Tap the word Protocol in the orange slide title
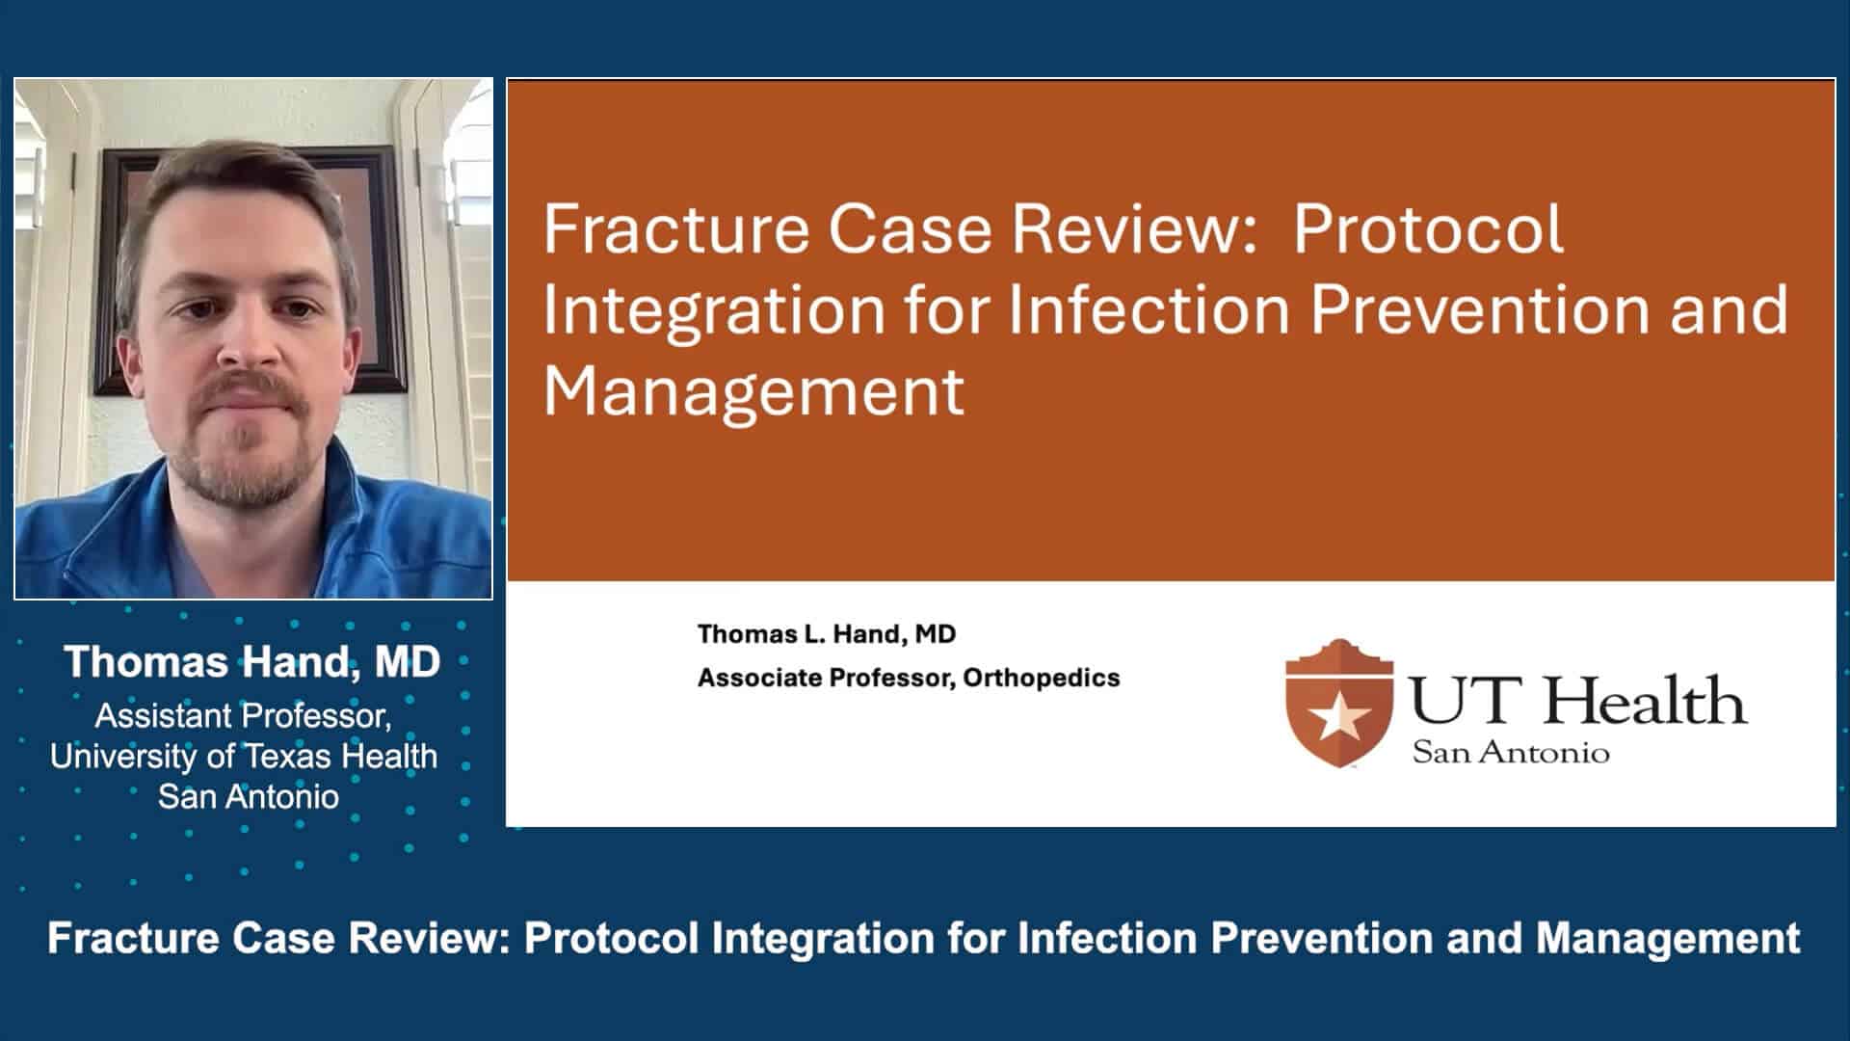[1428, 229]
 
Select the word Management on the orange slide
[753, 390]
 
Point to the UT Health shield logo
[1339, 704]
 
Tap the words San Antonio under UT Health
[1510, 753]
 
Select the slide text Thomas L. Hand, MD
[827, 634]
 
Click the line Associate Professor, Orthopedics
[909, 678]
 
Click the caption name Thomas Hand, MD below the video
[251, 662]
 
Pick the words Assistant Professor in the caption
[242, 716]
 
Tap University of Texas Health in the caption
[244, 757]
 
